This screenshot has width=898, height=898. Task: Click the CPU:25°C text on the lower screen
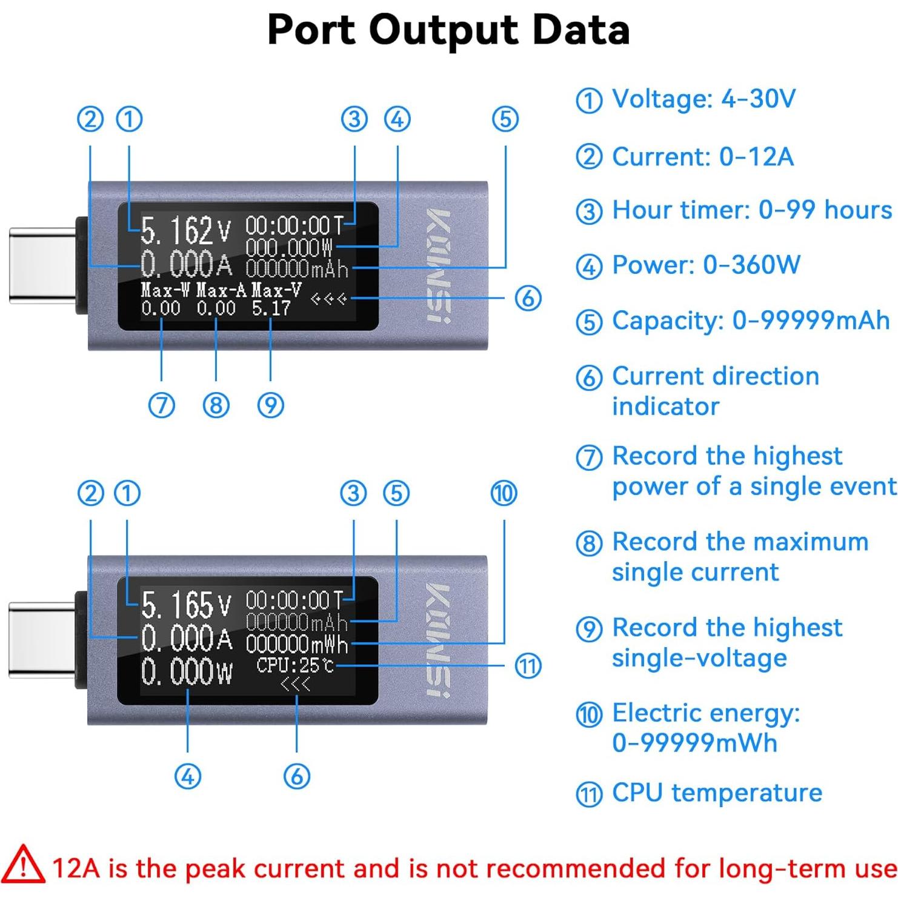(x=295, y=665)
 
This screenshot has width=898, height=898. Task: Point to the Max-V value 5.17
(x=271, y=308)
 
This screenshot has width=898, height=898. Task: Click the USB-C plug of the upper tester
(x=42, y=265)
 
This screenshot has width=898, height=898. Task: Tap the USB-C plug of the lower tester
(x=42, y=639)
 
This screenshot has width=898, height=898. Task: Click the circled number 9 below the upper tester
(x=271, y=405)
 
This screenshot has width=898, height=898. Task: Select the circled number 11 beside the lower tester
(x=528, y=667)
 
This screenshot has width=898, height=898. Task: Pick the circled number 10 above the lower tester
(x=504, y=493)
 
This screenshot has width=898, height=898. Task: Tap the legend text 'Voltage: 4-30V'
(x=703, y=99)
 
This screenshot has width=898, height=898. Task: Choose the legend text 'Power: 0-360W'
(x=706, y=265)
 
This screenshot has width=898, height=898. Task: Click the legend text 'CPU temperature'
(x=717, y=793)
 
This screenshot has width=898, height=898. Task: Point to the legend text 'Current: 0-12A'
(x=702, y=157)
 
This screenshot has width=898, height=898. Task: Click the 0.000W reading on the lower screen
(x=186, y=672)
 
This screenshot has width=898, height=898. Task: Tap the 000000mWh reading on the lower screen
(x=297, y=644)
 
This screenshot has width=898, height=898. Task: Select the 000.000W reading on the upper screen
(x=289, y=247)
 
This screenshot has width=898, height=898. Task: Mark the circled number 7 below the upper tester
(x=162, y=405)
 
